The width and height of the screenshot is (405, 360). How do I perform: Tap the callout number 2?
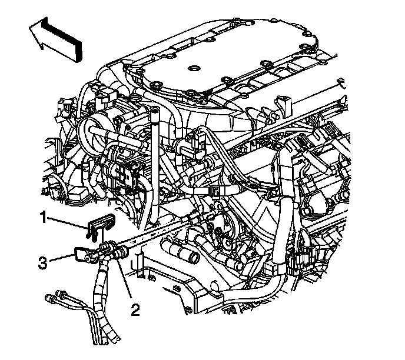[x=135, y=308]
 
